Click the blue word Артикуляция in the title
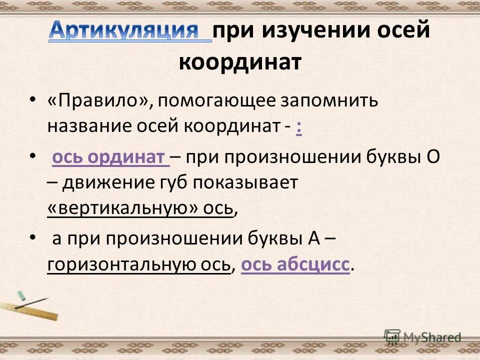[130, 31]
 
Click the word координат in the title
[240, 63]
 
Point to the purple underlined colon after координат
[298, 127]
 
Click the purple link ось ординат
[110, 157]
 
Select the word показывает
[245, 183]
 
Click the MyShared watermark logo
[423, 337]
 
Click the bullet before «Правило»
[32, 100]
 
